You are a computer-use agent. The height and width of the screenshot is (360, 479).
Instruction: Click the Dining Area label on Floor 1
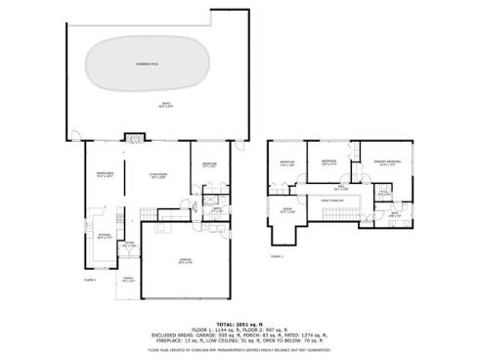(99, 174)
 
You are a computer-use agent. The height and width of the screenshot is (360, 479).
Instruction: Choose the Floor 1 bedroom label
(209, 164)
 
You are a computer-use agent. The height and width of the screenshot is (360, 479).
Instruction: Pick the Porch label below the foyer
(128, 280)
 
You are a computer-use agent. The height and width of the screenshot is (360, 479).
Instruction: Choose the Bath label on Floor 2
(394, 213)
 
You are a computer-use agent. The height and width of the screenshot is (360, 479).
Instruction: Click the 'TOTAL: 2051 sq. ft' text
(239, 322)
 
